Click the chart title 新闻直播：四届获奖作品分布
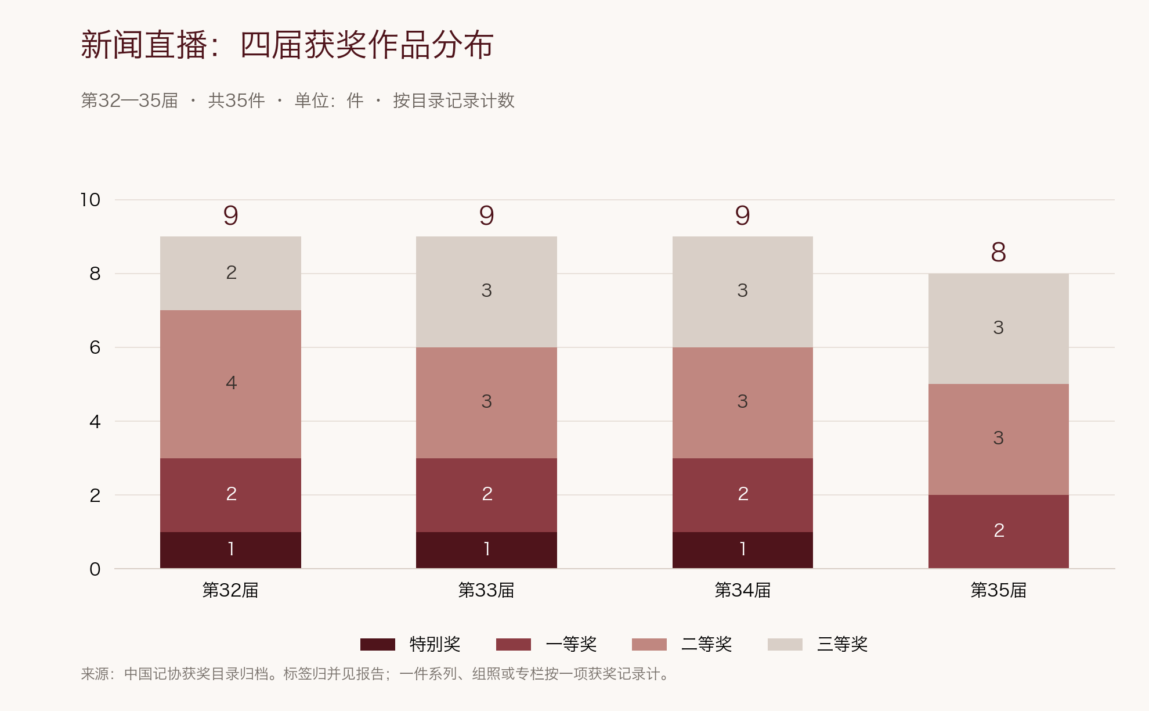[x=287, y=45]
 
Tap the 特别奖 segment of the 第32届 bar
[x=230, y=550]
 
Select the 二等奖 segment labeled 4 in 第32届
[x=230, y=384]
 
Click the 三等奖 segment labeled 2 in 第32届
[x=230, y=273]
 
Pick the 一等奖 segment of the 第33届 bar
[x=486, y=495]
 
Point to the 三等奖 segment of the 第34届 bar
[x=743, y=292]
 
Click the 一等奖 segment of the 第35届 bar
[x=999, y=532]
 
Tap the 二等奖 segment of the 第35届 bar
[x=999, y=439]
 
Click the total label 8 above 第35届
[x=998, y=252]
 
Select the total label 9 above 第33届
[x=486, y=216]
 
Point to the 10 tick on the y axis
[x=91, y=200]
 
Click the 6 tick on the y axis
[x=95, y=347]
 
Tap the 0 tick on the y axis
[x=95, y=569]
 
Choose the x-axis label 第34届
[x=743, y=590]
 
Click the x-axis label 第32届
[x=230, y=590]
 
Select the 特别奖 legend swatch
[x=378, y=644]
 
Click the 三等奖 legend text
[x=843, y=644]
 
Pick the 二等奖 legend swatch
[x=649, y=644]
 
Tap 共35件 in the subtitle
[x=236, y=100]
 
